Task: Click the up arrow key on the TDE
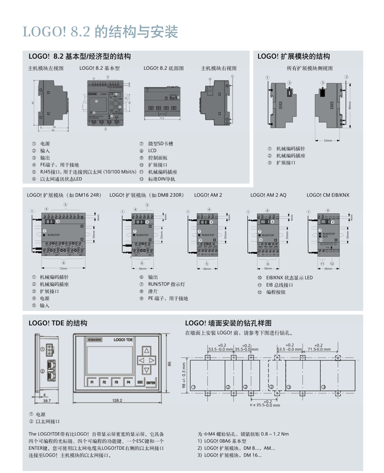(146, 350)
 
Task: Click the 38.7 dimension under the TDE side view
(47, 401)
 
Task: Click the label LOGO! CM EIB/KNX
(328, 195)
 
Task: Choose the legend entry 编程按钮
(276, 292)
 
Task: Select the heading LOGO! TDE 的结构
(58, 323)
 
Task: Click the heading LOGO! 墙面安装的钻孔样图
(228, 323)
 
